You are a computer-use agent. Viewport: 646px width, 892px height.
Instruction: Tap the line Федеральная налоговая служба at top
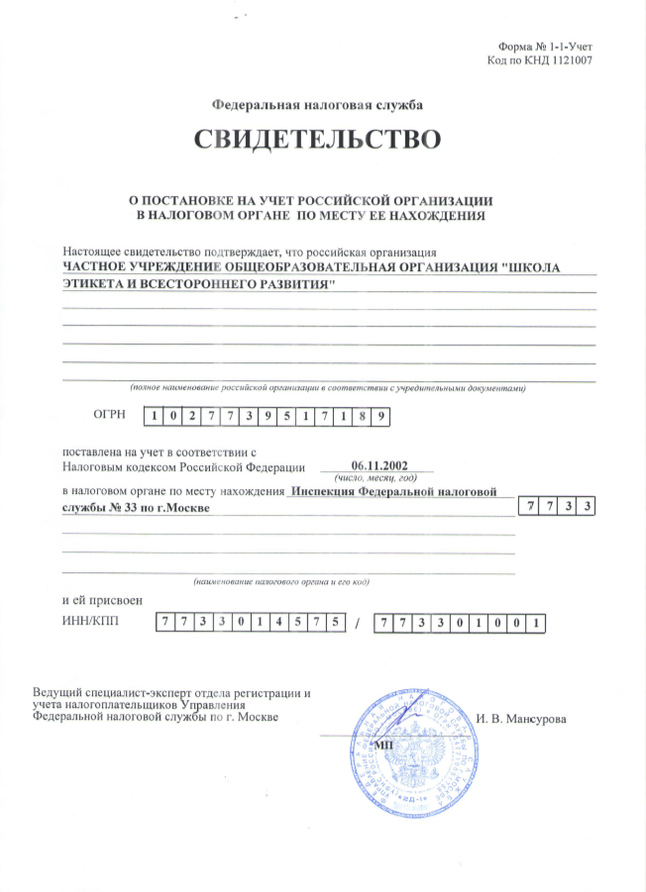322,104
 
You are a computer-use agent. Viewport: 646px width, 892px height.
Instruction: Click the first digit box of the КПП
383,624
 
